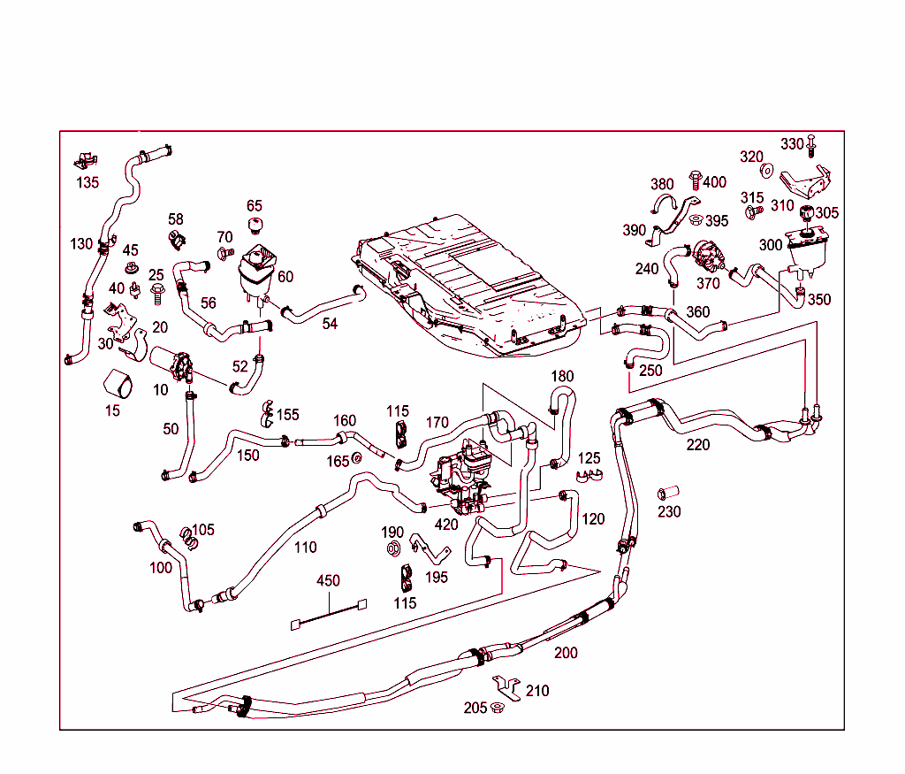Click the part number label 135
pyautogui.click(x=87, y=183)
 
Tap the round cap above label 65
pyautogui.click(x=255, y=225)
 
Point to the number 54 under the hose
pyautogui.click(x=330, y=324)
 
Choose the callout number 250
pyautogui.click(x=650, y=371)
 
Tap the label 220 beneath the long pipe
pyautogui.click(x=698, y=444)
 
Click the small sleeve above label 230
pyautogui.click(x=667, y=492)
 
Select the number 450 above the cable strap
pyautogui.click(x=329, y=581)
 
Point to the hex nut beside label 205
pyautogui.click(x=497, y=707)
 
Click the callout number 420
pyautogui.click(x=446, y=524)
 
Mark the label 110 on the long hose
pyautogui.click(x=305, y=548)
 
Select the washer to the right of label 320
pyautogui.click(x=767, y=170)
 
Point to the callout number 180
pyautogui.click(x=562, y=376)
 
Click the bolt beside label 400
pyautogui.click(x=694, y=180)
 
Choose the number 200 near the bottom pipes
pyautogui.click(x=566, y=653)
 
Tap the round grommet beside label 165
pyautogui.click(x=357, y=457)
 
